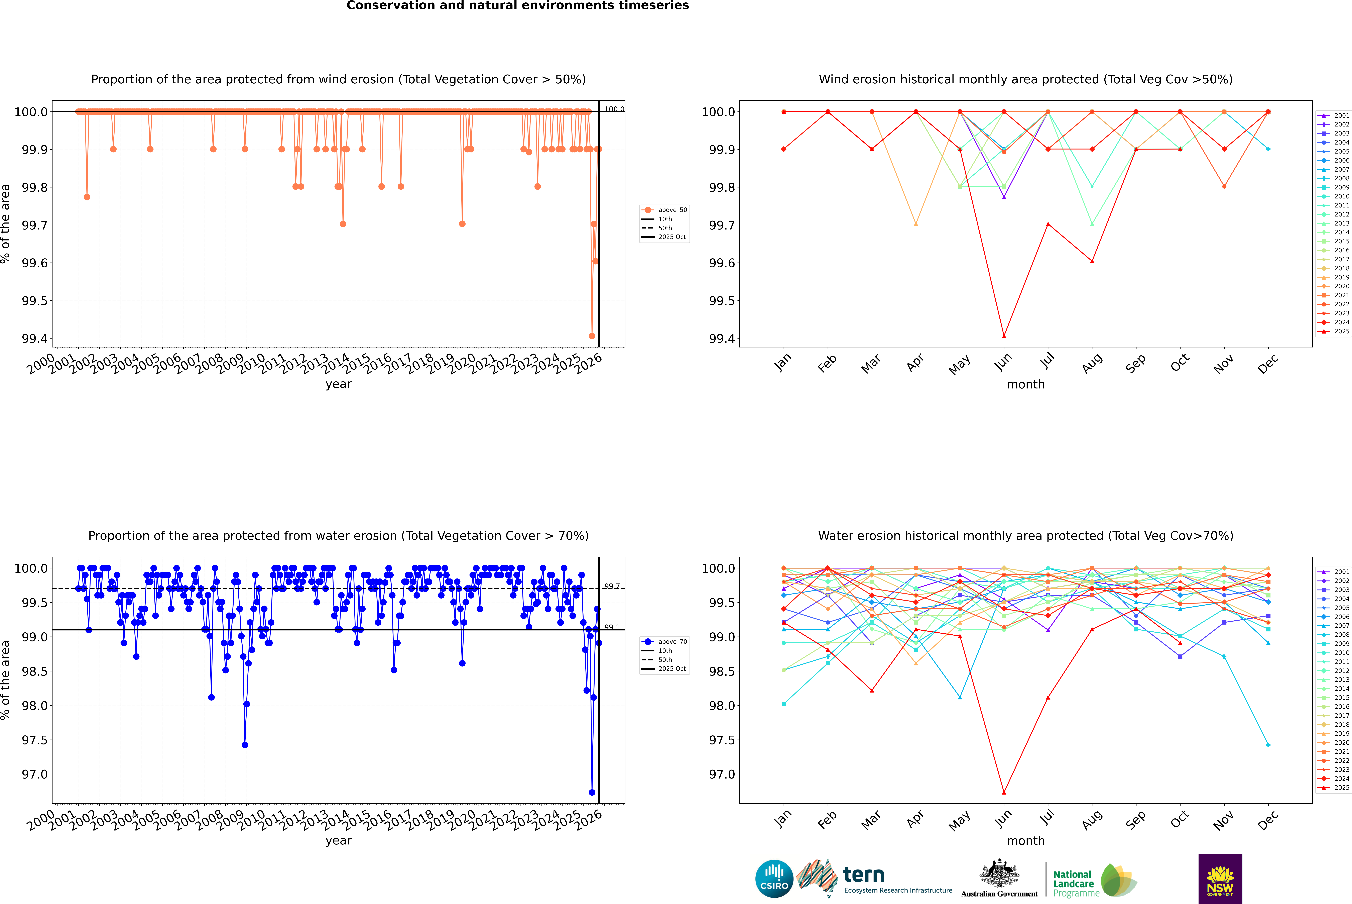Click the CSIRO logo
774,879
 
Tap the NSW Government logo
1220,879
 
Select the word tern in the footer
863,875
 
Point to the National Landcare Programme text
1073,883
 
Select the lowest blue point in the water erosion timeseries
592,792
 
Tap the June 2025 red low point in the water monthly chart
1004,792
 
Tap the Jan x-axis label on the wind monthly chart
783,363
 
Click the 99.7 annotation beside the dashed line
611,586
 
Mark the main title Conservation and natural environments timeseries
517,6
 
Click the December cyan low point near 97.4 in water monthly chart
1268,745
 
